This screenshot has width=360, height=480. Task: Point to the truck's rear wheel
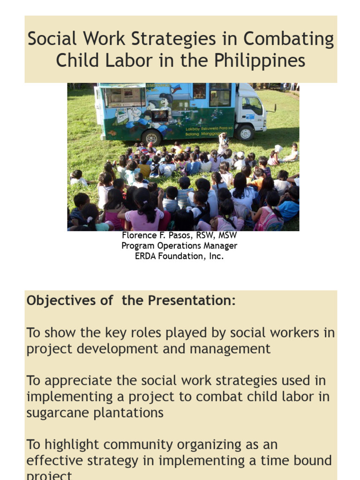click(x=151, y=137)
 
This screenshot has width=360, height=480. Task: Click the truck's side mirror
click(x=274, y=107)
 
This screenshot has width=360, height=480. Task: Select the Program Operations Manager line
click(x=179, y=246)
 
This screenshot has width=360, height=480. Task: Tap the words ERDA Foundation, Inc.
click(x=179, y=256)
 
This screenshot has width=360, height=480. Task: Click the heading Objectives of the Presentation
click(x=131, y=300)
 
